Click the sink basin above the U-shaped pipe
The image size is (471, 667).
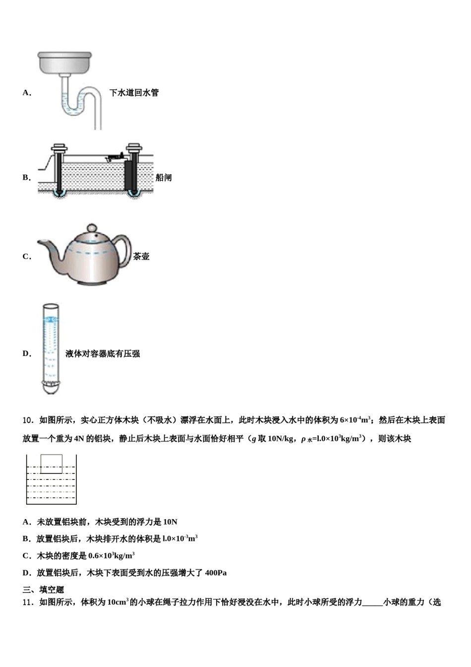(65, 62)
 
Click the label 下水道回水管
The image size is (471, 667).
(134, 93)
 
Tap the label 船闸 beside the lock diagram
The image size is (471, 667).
(164, 178)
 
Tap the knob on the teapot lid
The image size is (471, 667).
(92, 228)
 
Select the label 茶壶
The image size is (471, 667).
(141, 257)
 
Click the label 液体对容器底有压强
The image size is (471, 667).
(103, 354)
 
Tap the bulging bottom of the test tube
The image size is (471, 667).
(50, 387)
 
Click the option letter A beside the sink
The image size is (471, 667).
(26, 93)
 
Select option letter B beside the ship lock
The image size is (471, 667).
(26, 178)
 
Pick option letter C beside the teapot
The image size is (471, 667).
(26, 257)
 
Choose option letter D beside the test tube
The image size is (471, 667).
(26, 354)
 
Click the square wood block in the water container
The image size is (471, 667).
(51, 464)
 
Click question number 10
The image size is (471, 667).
(28, 420)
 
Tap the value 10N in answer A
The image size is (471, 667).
(170, 522)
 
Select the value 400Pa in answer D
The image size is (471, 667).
(216, 573)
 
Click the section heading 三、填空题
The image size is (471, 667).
(44, 590)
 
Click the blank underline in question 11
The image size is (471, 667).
(372, 602)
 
